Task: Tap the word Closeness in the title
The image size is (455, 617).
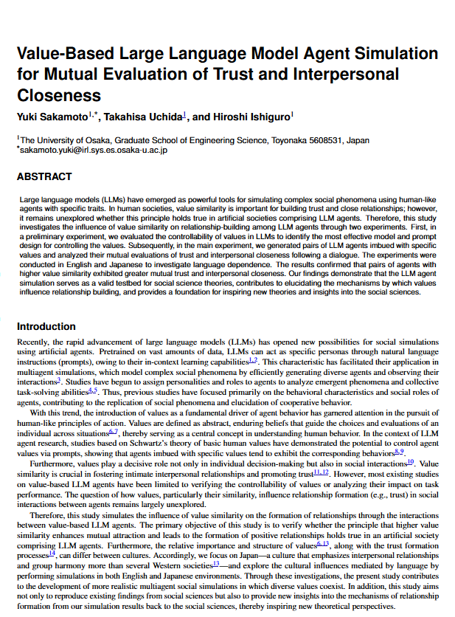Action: pyautogui.click(x=59, y=95)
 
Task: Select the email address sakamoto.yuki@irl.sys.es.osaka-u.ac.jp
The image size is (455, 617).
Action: pyautogui.click(x=94, y=150)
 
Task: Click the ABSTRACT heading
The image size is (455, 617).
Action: pyautogui.click(x=44, y=177)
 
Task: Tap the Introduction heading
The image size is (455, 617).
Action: pyautogui.click(x=46, y=326)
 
